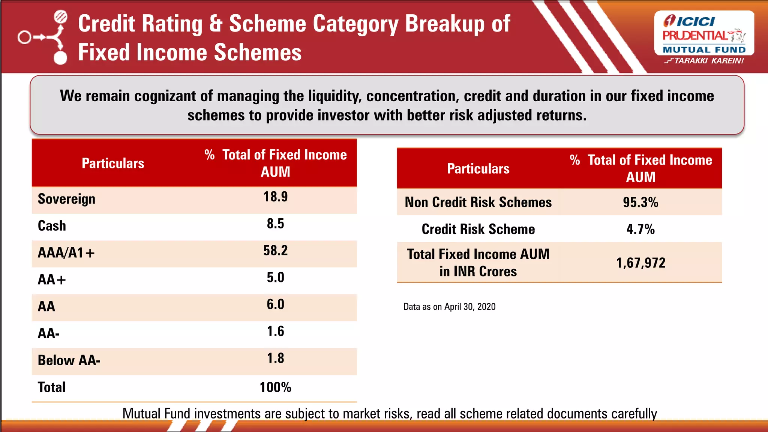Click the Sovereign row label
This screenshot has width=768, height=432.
click(66, 199)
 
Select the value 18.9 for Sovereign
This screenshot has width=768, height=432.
click(275, 197)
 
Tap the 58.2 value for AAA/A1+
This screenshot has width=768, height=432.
click(275, 250)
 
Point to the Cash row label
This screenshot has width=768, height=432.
click(52, 226)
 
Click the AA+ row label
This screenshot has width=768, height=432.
click(52, 280)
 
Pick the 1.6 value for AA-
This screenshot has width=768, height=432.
click(275, 331)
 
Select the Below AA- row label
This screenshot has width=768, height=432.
click(69, 360)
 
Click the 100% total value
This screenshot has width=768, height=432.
click(275, 387)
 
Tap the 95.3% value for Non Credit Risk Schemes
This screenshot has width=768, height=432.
click(640, 202)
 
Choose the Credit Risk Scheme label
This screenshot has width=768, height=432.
click(478, 229)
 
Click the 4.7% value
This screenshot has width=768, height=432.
click(640, 229)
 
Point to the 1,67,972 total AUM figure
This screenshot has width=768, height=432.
click(640, 263)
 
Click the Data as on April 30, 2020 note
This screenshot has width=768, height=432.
click(449, 307)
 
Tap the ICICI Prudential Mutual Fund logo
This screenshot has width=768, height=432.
click(704, 34)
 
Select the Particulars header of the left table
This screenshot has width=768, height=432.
click(113, 163)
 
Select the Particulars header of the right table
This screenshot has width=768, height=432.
click(478, 169)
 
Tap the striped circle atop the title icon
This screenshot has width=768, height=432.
click(61, 17)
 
